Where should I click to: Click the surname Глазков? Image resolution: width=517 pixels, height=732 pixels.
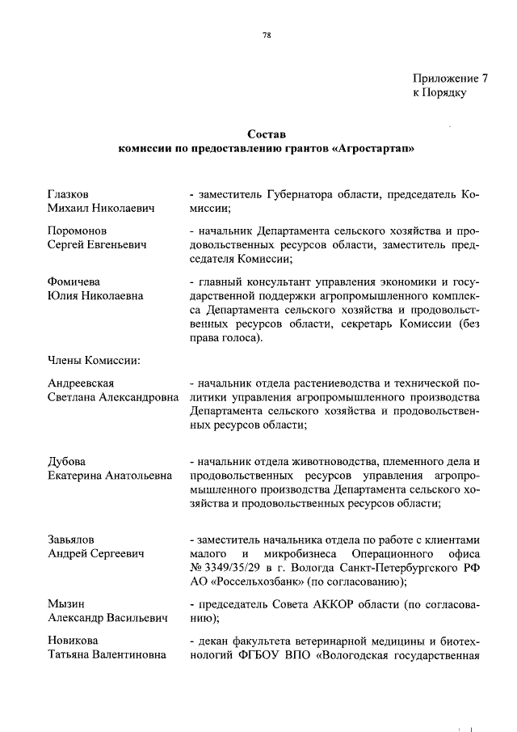pos(68,194)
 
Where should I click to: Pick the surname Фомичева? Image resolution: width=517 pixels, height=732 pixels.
pos(74,281)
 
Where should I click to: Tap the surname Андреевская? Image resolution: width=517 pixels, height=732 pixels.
pos(81,383)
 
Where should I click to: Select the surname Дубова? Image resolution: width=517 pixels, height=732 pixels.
pos(66,461)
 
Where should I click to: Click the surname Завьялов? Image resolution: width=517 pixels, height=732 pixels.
pos(72,539)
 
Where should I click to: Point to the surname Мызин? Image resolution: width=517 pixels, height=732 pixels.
pos(66,604)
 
